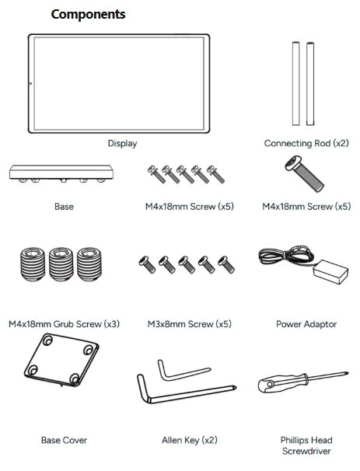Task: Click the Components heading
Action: (88, 15)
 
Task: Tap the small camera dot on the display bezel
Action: (30, 83)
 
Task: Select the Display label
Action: (122, 143)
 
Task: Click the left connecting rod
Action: (296, 83)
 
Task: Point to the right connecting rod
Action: (310, 83)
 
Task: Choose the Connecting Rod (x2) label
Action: (306, 143)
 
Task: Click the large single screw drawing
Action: (305, 173)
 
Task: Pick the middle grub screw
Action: (61, 264)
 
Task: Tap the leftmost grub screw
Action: (33, 264)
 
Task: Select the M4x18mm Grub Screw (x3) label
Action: (64, 324)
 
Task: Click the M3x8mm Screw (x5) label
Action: (189, 324)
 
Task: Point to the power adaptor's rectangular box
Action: (330, 271)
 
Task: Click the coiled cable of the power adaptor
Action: (285, 256)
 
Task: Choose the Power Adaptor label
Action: (306, 324)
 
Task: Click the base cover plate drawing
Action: (61, 360)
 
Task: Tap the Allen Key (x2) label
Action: (189, 440)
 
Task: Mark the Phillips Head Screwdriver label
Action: (306, 445)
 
